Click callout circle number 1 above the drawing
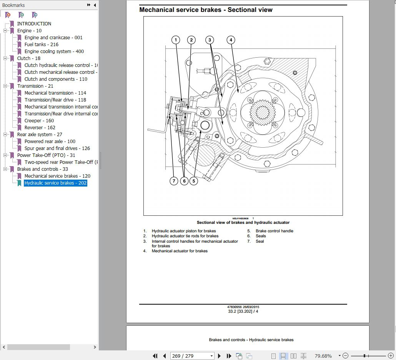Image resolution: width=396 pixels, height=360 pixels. [176, 40]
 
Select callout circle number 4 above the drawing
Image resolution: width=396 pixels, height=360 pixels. [231, 40]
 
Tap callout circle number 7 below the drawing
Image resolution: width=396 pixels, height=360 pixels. [174, 181]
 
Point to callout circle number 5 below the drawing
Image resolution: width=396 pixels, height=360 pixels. [193, 181]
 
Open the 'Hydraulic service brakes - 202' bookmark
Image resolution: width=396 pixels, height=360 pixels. [55, 183]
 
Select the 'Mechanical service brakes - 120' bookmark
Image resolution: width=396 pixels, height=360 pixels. [57, 176]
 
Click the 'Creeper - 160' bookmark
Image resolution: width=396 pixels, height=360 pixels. [39, 121]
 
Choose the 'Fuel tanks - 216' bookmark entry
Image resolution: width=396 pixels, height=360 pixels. [41, 45]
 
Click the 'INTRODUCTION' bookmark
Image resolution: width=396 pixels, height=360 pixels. [34, 24]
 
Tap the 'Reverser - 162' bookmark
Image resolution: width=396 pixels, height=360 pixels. [40, 128]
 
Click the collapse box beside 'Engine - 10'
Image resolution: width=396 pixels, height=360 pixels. [5, 31]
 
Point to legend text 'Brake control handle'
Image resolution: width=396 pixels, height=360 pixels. [274, 231]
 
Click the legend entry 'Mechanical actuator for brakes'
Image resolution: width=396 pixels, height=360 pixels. [180, 251]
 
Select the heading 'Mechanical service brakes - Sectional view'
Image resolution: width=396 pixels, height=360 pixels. [206, 10]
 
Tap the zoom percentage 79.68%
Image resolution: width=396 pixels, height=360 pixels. [323, 356]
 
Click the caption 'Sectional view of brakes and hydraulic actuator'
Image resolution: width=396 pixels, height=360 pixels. [243, 223]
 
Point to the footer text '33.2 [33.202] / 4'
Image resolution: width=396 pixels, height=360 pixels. [243, 311]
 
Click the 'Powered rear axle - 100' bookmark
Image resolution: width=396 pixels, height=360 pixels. [50, 142]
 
